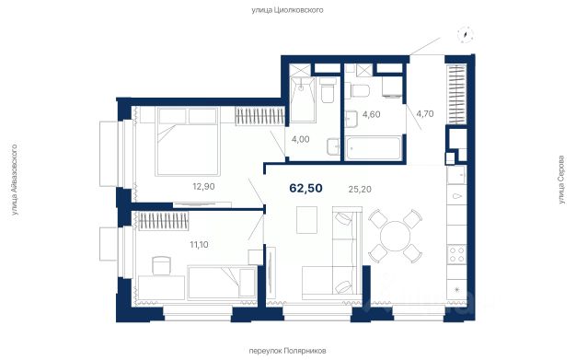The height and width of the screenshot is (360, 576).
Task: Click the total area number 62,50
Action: [x=306, y=188]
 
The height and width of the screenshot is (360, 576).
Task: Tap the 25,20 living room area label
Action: [x=360, y=190]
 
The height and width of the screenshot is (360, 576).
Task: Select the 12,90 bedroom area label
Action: [x=203, y=187]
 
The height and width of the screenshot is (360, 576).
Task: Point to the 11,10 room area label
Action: [x=199, y=245]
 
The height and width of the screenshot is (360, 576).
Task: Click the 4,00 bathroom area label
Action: [x=301, y=139]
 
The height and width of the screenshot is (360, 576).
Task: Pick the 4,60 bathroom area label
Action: [x=372, y=114]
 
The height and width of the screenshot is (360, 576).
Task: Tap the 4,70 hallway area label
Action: [x=425, y=113]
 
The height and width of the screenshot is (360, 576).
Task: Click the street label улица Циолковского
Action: [x=287, y=10]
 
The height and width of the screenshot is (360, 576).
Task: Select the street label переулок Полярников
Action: [x=287, y=351]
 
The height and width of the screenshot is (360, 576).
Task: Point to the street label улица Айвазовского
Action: [x=15, y=180]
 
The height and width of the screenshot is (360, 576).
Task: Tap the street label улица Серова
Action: [x=561, y=180]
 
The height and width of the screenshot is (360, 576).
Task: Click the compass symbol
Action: [x=465, y=35]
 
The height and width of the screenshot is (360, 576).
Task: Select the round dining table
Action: [x=395, y=236]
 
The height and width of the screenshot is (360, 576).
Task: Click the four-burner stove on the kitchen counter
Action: [x=456, y=254]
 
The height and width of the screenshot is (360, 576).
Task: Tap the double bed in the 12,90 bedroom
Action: [x=188, y=141]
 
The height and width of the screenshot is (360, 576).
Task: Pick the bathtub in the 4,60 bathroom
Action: [x=374, y=148]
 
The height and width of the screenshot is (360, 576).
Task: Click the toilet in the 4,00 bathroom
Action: [x=328, y=89]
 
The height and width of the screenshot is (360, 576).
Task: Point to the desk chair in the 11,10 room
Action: [x=161, y=265]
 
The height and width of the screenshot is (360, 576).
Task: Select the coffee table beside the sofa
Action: [x=306, y=220]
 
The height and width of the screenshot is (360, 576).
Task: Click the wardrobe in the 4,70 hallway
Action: [x=456, y=94]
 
